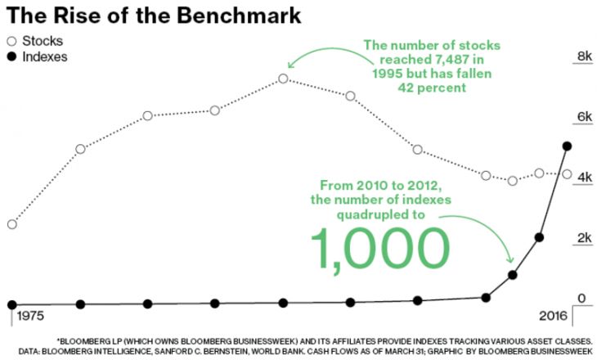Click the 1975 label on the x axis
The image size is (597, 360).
click(x=29, y=316)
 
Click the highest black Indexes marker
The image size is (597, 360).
click(x=567, y=146)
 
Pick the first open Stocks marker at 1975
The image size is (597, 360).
click(x=11, y=224)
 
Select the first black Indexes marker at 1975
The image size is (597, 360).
click(x=11, y=304)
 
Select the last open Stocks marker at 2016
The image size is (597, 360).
click(x=567, y=173)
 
